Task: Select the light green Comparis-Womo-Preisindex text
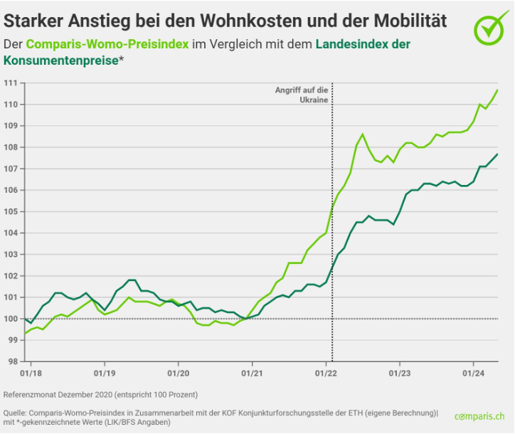[107, 44]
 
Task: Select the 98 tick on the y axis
[11, 361]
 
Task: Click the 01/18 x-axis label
[30, 372]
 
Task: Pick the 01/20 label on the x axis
[178, 372]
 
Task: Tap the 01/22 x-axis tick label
[326, 372]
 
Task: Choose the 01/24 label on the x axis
[474, 372]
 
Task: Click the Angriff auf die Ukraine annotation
[302, 95]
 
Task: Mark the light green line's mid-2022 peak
[362, 134]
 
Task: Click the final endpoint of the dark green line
[497, 154]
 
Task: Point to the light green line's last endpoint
[497, 90]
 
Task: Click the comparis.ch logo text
[479, 416]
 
